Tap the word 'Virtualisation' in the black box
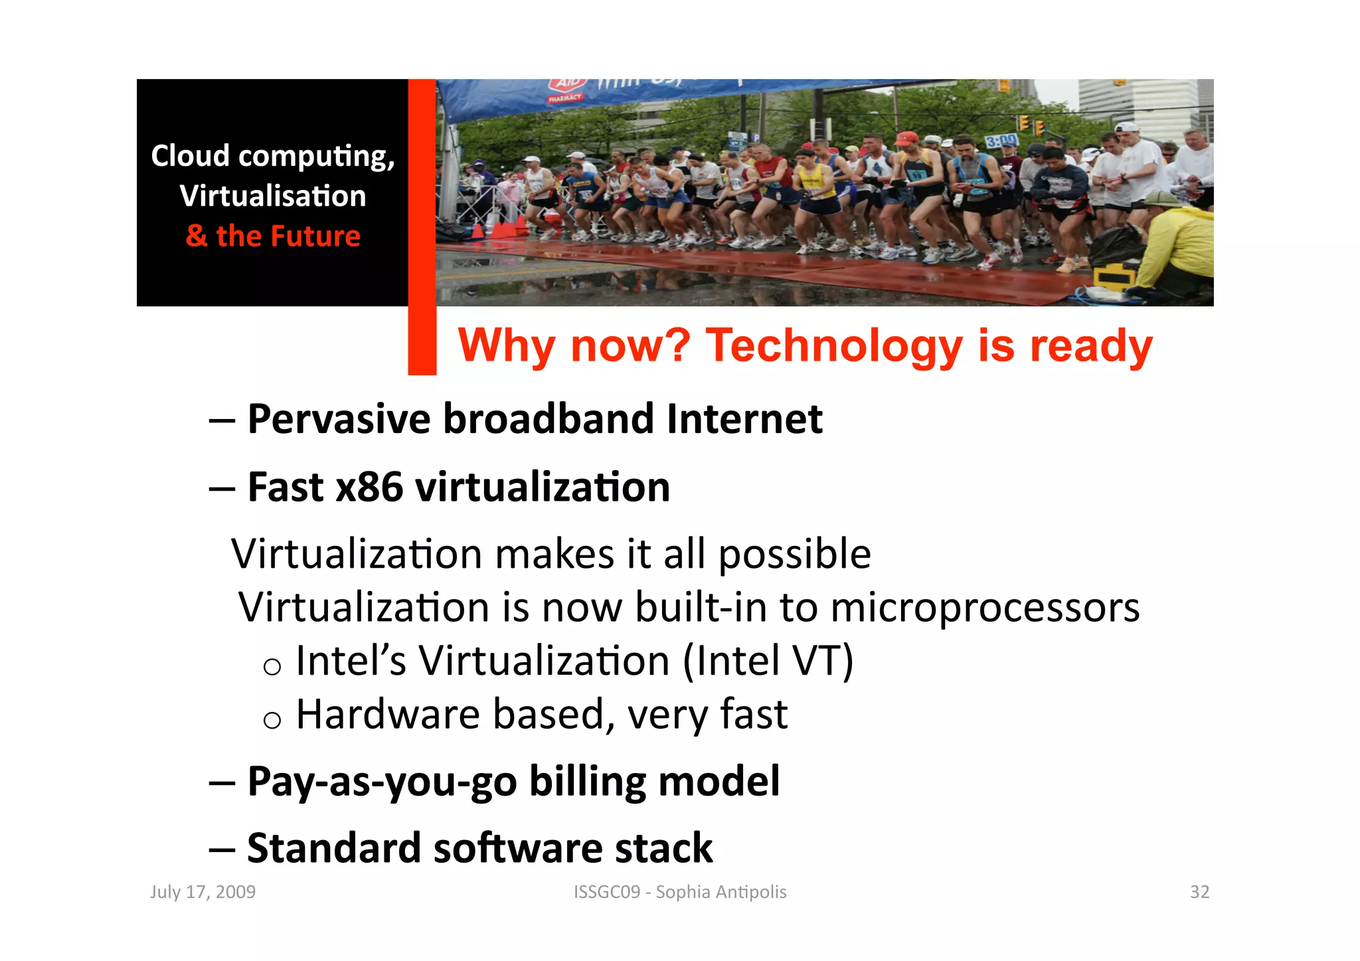click(x=272, y=196)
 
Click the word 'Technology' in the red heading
click(x=833, y=346)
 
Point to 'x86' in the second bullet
click(x=369, y=487)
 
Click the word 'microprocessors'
click(x=985, y=607)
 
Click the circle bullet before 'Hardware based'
click(x=272, y=720)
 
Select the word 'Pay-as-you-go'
click(x=382, y=782)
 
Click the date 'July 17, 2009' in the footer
click(x=203, y=891)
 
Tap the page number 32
click(x=1199, y=891)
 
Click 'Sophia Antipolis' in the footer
click(x=721, y=891)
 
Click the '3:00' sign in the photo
click(x=1000, y=141)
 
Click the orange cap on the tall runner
click(x=905, y=138)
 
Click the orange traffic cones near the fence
click(x=495, y=230)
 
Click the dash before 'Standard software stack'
click(x=222, y=849)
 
